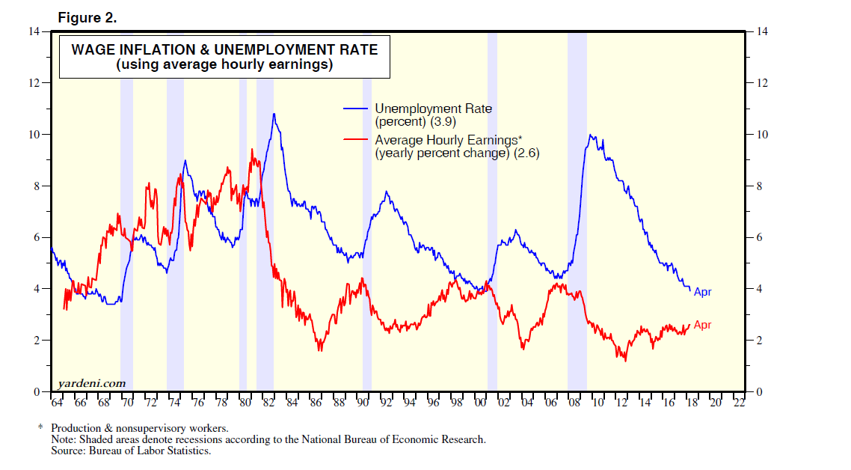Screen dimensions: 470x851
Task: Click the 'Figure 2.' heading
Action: tap(87, 16)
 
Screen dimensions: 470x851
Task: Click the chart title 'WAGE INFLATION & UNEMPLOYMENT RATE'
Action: tap(224, 50)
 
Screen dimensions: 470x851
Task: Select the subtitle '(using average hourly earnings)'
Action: tap(224, 65)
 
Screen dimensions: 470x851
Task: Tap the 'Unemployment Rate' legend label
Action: tap(433, 109)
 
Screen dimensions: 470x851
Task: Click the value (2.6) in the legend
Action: tap(526, 153)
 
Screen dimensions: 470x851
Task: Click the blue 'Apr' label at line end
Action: tap(702, 292)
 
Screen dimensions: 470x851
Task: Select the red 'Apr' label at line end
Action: tap(702, 325)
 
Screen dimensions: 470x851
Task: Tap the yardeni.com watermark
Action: tap(90, 383)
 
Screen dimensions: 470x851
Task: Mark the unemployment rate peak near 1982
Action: tap(274, 114)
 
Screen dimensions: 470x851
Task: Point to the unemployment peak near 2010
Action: tap(591, 135)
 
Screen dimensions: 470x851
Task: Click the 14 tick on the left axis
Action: tap(34, 31)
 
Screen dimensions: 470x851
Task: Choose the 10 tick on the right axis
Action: tap(763, 135)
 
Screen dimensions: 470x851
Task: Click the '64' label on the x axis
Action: tap(57, 403)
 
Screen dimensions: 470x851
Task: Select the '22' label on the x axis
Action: tap(740, 403)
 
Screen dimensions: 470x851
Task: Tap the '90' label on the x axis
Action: tap(363, 403)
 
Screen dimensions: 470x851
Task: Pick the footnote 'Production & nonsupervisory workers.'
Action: tap(140, 428)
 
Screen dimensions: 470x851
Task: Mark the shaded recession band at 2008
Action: tap(577, 225)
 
